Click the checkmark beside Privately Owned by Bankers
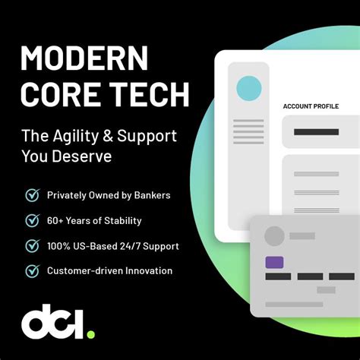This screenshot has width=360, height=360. point(32,195)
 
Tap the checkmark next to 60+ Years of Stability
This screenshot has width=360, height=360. point(32,220)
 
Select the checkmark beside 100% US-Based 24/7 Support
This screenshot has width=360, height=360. point(32,245)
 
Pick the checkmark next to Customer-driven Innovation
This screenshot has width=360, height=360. point(32,270)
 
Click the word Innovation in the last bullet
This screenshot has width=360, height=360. point(147,270)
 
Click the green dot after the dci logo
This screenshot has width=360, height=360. point(90,333)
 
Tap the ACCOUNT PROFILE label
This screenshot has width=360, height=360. point(311,106)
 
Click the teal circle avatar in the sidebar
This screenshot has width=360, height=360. point(248,88)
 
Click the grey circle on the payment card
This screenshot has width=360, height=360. point(273,236)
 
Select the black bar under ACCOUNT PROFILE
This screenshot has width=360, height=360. point(315,132)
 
